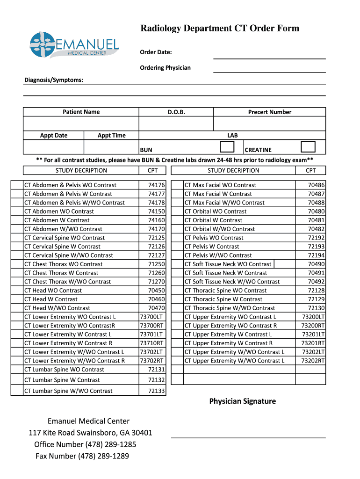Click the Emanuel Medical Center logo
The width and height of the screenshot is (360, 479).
(74, 45)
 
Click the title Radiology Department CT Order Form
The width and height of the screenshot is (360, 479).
(220, 29)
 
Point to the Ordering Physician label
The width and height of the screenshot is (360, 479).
(165, 68)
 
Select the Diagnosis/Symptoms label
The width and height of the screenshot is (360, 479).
(54, 80)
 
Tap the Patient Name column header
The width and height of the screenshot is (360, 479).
(81, 112)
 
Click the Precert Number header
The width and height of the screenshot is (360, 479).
(269, 112)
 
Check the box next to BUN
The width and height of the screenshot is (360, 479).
(227, 147)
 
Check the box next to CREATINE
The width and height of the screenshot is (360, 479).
(308, 147)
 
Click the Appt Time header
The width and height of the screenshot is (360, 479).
(111, 136)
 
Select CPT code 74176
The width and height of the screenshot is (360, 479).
(156, 185)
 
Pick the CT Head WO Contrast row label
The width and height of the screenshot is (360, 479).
(53, 290)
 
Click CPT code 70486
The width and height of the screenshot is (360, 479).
(316, 185)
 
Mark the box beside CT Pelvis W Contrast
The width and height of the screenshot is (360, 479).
(177, 247)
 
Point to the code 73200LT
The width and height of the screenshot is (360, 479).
(313, 317)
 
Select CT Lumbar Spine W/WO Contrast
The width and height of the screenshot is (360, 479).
(68, 391)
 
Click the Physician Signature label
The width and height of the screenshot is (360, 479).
(242, 401)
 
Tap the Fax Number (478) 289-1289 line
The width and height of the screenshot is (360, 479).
(82, 456)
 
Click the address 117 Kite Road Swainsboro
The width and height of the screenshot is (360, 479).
(90, 433)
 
